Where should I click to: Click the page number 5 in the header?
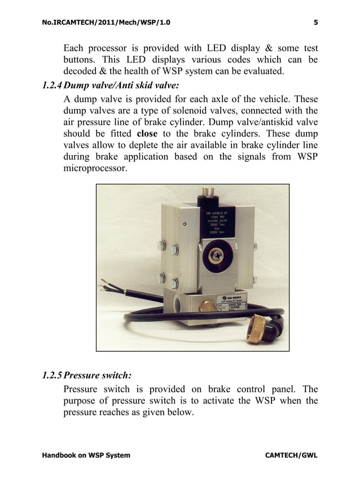click(x=315, y=23)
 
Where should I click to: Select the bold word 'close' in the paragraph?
click(x=147, y=134)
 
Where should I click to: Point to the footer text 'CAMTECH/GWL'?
click(x=291, y=455)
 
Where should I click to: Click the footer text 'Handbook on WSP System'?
click(x=86, y=455)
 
